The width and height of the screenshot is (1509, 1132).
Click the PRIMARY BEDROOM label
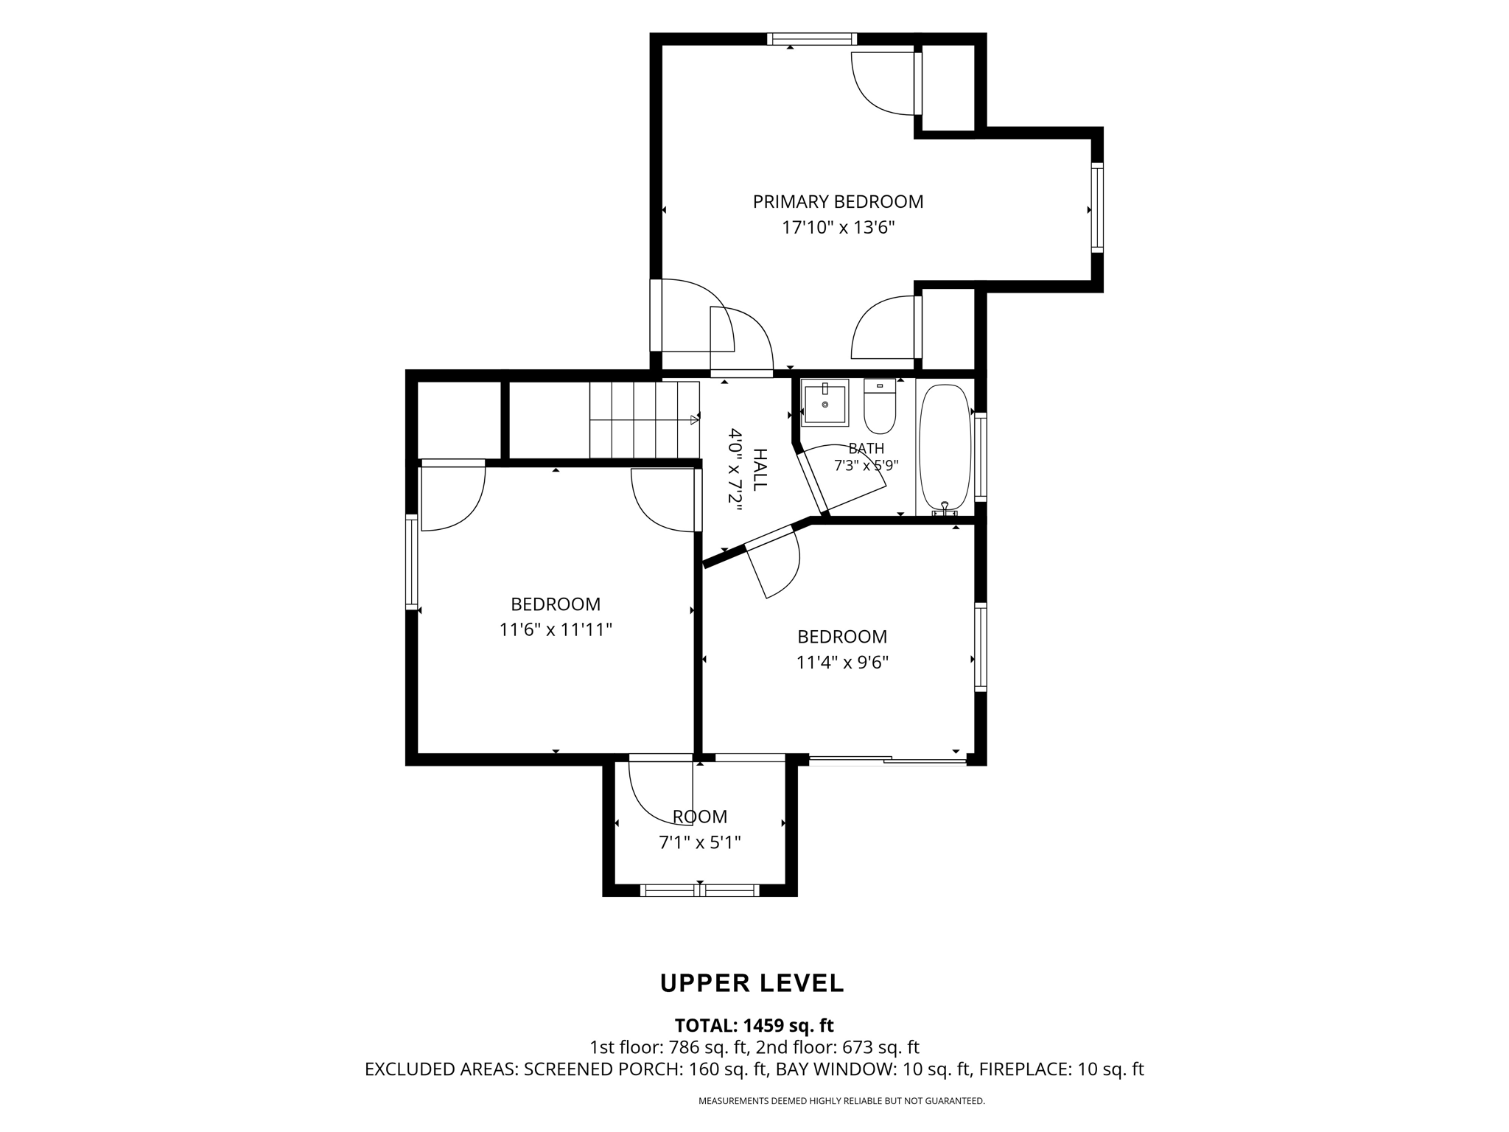coord(838,201)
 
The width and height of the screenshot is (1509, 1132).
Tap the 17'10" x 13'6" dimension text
coord(838,227)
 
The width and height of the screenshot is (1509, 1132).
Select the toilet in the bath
coord(880,406)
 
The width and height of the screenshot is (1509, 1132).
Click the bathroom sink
coord(824,402)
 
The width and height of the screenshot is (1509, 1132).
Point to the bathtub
coord(945,448)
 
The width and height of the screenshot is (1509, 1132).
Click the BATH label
coord(866,448)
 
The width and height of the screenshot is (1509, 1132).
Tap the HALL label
coord(759,469)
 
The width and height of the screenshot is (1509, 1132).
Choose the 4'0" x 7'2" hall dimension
coord(735,466)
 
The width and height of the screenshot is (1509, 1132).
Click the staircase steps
coord(644,420)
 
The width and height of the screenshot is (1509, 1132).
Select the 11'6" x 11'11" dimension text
coord(556,630)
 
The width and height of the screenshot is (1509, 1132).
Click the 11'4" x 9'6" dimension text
coord(842,663)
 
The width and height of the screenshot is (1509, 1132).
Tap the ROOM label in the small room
coord(700,817)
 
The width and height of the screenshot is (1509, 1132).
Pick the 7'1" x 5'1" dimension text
coord(700,842)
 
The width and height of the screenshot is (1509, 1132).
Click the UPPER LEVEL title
coord(752,983)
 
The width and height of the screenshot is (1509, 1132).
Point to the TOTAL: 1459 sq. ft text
coord(754,1025)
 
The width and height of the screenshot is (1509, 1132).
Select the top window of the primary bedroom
coord(811,39)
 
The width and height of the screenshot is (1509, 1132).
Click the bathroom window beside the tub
coord(981,457)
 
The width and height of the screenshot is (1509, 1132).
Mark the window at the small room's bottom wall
coord(700,890)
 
